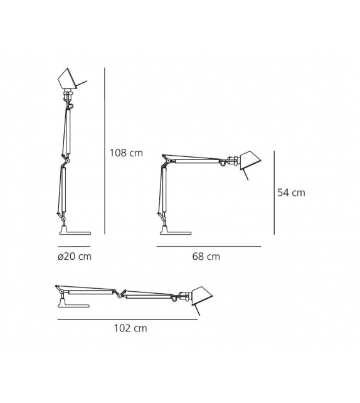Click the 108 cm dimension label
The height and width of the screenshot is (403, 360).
pos(126,153)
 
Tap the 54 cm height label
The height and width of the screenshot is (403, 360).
pos(291,193)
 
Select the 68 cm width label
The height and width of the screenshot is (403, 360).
pos(206,257)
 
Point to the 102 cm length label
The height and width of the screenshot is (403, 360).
pos(130,328)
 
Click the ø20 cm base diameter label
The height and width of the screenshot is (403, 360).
pos(75,257)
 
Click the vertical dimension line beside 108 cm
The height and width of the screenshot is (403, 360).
pos(105,151)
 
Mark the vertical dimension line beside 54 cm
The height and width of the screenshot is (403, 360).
pos(274,193)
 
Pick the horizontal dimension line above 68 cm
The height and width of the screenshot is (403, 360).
pos(209,246)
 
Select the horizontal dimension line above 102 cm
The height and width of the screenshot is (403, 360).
pos(127,320)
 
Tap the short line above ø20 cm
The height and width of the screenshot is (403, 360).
pos(74,246)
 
